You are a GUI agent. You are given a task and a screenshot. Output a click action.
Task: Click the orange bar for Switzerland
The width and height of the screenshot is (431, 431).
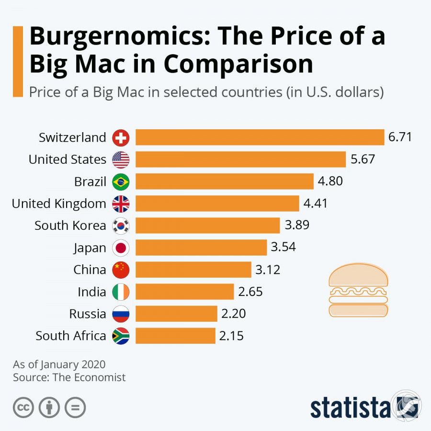260,137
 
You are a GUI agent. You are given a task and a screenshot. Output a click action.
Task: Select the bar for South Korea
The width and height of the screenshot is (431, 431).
207,226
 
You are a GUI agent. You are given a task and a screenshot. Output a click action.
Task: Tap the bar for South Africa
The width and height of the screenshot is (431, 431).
175,336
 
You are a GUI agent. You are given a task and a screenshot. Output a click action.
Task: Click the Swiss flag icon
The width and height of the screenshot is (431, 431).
121,138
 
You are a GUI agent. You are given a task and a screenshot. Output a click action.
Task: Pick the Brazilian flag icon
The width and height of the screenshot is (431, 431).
121,182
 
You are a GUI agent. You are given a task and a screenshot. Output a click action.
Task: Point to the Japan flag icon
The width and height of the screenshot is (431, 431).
121,248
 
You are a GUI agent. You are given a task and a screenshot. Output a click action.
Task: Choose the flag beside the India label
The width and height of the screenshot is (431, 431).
121,292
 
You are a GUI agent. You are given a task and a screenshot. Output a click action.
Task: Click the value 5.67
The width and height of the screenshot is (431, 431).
363,159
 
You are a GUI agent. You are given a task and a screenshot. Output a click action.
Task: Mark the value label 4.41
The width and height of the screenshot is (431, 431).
316,204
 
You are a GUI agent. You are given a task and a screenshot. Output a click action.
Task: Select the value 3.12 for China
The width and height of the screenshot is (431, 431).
268,270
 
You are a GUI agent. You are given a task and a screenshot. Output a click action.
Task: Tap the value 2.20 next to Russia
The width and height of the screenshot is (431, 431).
233,314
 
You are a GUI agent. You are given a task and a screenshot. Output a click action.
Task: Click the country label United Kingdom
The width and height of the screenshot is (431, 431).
59,204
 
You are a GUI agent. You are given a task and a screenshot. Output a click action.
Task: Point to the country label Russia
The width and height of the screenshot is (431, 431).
88,314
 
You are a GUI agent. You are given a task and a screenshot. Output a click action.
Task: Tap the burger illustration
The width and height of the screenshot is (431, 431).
358,291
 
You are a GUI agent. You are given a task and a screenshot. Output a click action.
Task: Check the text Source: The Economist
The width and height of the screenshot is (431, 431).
69,377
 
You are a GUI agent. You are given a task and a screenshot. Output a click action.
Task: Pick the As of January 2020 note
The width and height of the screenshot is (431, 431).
59,364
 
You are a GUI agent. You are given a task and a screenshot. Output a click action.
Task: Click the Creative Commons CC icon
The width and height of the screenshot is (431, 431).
23,408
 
